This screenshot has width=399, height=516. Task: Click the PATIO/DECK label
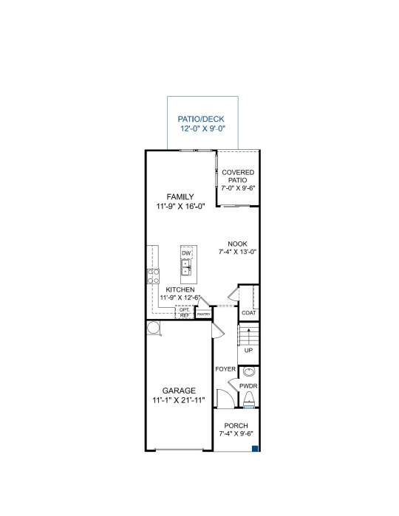(x=201, y=119)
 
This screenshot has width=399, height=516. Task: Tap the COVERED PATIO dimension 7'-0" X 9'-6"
(x=238, y=188)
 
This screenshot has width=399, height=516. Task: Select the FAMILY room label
(x=180, y=197)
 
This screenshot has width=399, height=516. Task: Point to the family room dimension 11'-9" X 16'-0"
(x=180, y=207)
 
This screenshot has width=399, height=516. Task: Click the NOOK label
(x=238, y=244)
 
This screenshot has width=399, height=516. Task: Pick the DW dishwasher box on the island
(x=186, y=252)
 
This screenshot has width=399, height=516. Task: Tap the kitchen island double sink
(x=185, y=267)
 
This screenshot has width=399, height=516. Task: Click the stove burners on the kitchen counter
(x=153, y=276)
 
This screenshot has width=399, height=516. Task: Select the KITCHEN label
(x=180, y=289)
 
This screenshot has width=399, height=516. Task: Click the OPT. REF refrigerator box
(x=185, y=312)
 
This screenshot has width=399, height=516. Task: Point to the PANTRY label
(x=204, y=314)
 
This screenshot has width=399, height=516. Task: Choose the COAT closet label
(x=249, y=313)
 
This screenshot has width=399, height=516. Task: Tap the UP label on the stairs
(x=248, y=351)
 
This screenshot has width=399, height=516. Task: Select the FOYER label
(x=225, y=369)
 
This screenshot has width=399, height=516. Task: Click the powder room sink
(x=249, y=371)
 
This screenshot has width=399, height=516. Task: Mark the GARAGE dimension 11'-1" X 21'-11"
(x=179, y=400)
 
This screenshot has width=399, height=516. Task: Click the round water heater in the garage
(x=153, y=328)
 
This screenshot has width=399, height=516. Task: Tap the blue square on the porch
(x=255, y=448)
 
